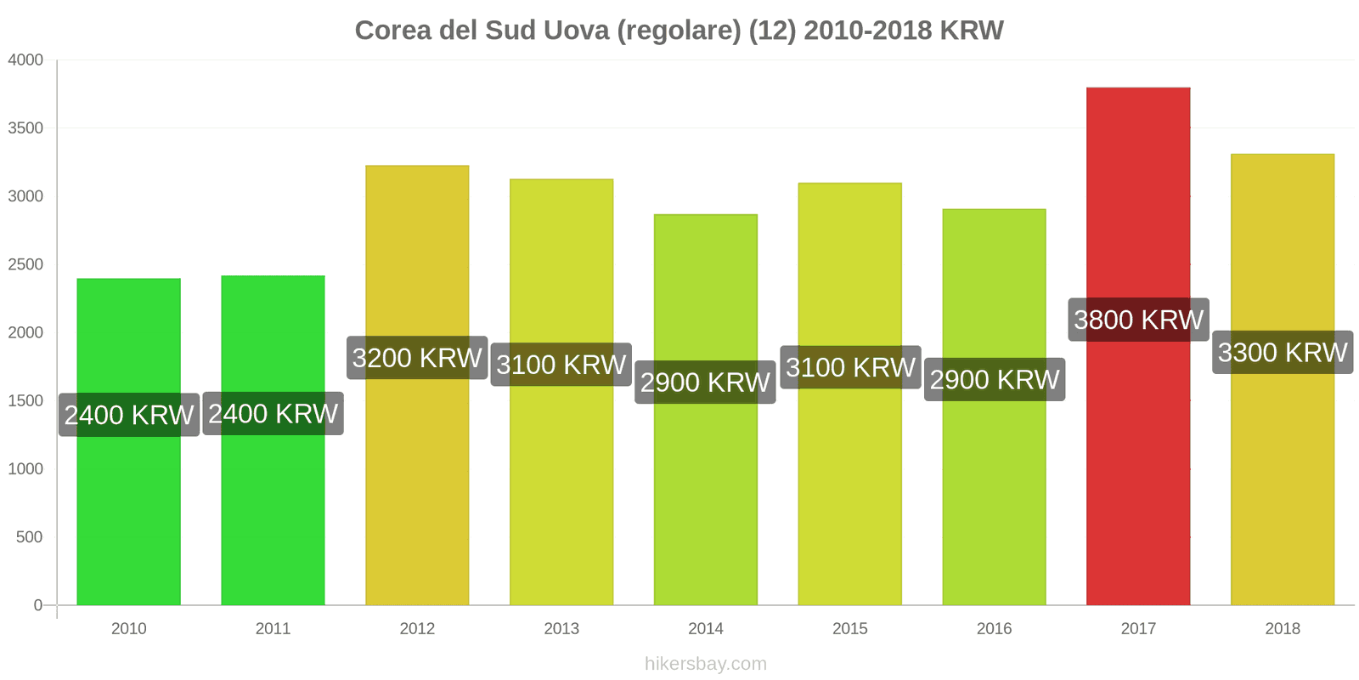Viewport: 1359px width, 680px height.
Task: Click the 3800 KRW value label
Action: click(1138, 320)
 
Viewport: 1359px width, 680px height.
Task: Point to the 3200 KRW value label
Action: click(417, 358)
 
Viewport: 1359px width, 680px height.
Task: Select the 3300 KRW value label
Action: click(1283, 352)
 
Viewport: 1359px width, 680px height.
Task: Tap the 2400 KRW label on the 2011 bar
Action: click(273, 414)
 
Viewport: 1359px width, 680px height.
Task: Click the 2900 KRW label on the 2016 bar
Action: click(995, 379)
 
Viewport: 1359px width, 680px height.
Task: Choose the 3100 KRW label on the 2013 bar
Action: click(561, 365)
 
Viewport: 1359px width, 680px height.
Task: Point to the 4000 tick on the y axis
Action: click(25, 60)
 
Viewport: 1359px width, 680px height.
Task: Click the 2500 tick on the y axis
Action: click(25, 264)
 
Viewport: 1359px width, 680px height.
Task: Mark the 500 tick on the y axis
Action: click(29, 537)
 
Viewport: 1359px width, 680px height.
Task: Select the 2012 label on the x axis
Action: click(417, 629)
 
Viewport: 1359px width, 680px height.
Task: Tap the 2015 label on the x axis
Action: click(849, 629)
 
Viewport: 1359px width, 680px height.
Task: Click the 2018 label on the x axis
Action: click(1282, 629)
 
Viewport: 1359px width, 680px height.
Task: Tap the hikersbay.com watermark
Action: click(705, 664)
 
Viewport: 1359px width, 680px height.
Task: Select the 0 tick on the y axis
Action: click(37, 605)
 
